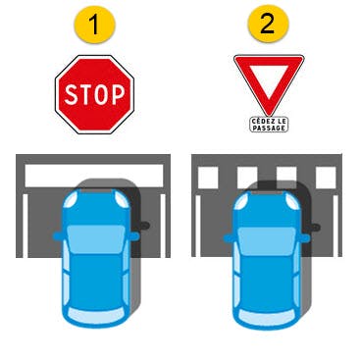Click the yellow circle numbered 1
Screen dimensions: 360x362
click(94, 25)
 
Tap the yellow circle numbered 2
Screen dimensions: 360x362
click(268, 25)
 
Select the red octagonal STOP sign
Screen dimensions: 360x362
click(94, 94)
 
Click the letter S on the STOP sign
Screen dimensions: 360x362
click(71, 95)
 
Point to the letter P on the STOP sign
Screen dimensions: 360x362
click(118, 94)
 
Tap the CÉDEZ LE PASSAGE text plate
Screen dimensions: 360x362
click(269, 125)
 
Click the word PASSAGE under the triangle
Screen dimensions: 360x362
click(269, 129)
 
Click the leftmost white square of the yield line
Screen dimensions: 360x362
click(208, 178)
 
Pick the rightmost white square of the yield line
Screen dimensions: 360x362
click(326, 178)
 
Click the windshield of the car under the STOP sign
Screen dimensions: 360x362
click(95, 239)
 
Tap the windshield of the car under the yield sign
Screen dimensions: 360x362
click(267, 240)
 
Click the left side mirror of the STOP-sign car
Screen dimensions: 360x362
click(58, 235)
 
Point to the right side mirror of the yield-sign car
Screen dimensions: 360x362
click(305, 238)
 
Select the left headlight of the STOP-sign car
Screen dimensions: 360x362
click(71, 200)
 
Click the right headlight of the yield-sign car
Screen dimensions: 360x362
click(292, 201)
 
